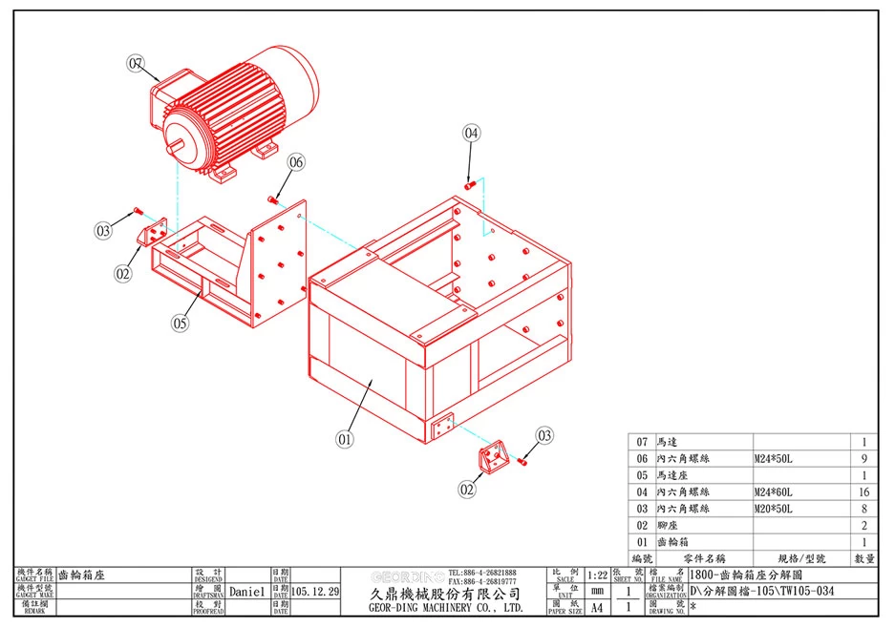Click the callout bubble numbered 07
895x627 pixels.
coord(136,64)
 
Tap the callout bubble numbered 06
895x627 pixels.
coord(296,162)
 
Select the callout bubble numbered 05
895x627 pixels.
coord(181,323)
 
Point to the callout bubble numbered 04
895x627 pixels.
coord(472,134)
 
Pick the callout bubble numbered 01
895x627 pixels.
coord(345,440)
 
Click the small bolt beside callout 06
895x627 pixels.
coord(273,199)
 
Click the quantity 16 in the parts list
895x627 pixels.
coord(863,492)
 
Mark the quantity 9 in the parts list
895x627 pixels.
coord(863,459)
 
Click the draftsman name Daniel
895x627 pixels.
coord(246,592)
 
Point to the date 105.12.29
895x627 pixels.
coord(315,592)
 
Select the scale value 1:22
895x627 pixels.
coord(598,575)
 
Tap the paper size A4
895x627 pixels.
coord(597,608)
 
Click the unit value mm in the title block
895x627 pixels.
coord(597,592)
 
